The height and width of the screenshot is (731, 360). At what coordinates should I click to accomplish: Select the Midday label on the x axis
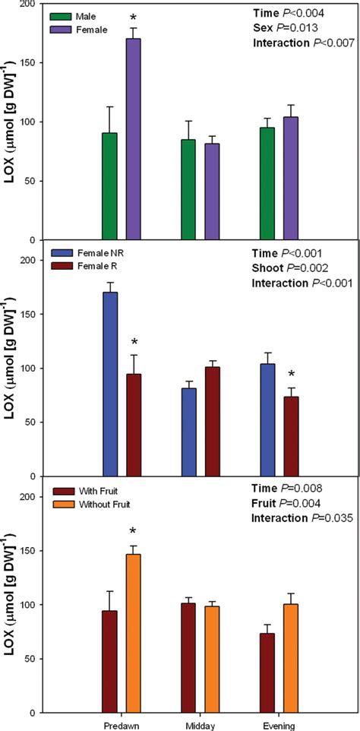200,725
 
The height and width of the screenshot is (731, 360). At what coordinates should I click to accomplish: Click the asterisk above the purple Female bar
134,16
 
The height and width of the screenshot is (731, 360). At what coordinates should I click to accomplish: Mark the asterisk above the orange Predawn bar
134,532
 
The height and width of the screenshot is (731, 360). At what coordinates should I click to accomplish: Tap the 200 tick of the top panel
28,5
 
